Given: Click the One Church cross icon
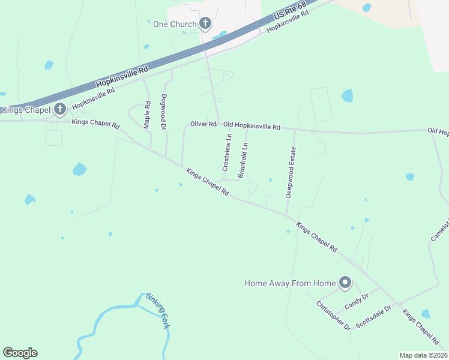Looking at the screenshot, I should [x=205, y=24].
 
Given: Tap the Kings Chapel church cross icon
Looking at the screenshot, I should [x=59, y=109].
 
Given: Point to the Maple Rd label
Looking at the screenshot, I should [x=146, y=115].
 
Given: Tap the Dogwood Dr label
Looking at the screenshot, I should [x=163, y=112].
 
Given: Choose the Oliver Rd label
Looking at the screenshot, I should [x=203, y=124].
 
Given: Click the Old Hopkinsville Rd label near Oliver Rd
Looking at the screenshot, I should [x=252, y=126].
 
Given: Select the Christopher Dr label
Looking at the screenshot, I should [x=333, y=315].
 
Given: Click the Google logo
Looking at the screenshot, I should [x=20, y=353].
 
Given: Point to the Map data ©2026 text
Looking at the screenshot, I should [x=423, y=355].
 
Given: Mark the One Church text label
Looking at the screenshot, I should [x=175, y=24].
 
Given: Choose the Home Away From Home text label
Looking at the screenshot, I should [x=289, y=283].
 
